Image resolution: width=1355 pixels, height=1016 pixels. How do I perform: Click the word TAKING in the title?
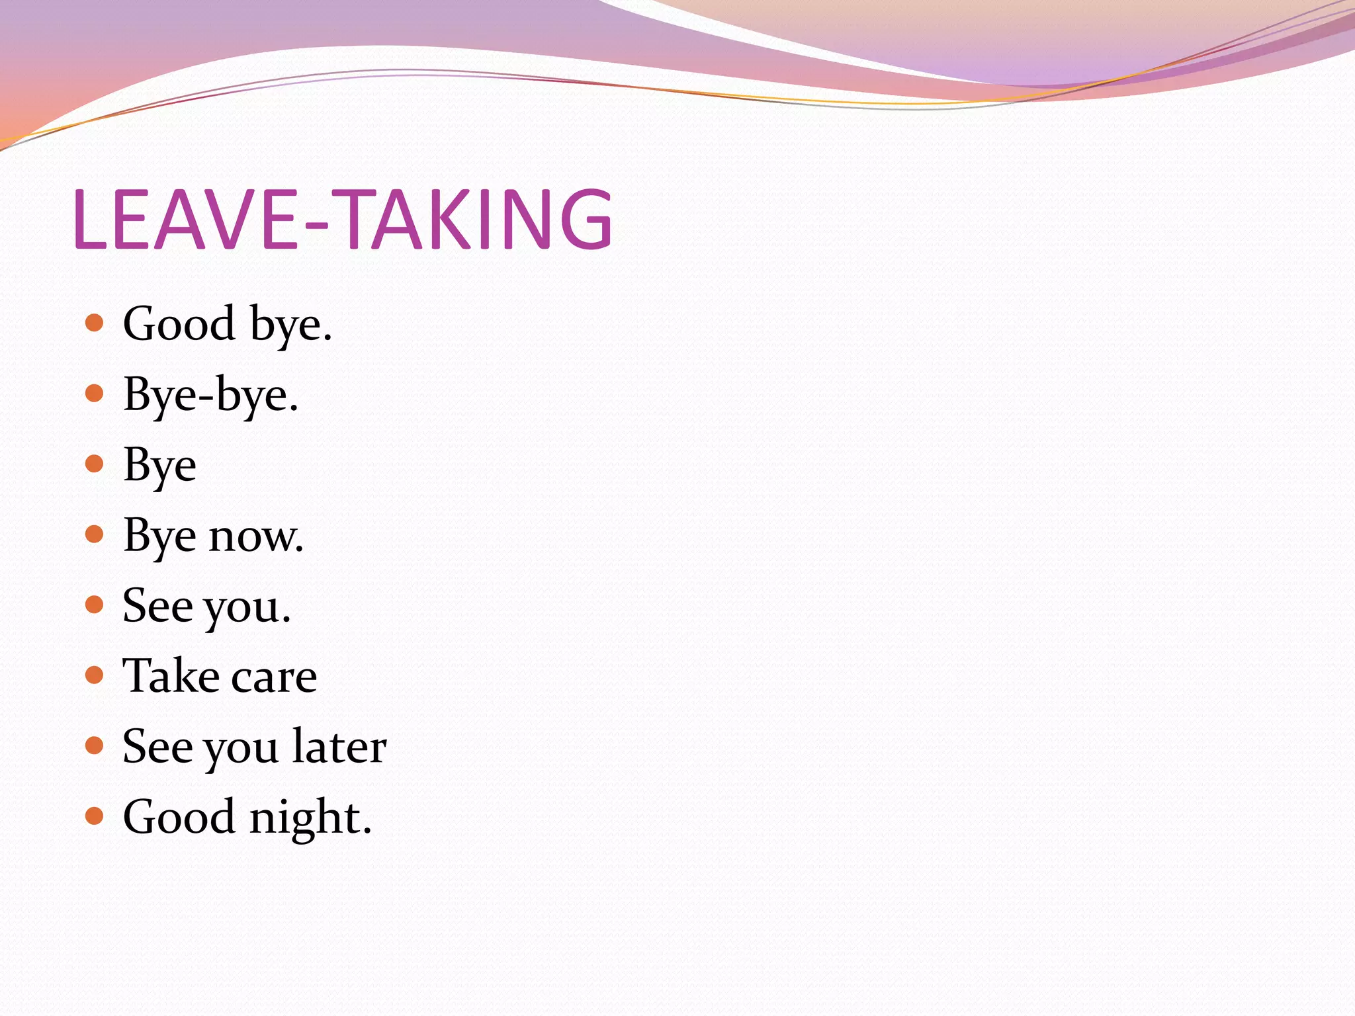pyautogui.click(x=476, y=219)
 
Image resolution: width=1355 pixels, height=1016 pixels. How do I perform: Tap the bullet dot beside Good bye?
pyautogui.click(x=95, y=323)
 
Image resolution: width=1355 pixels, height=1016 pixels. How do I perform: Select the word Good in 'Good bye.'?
pyautogui.click(x=179, y=324)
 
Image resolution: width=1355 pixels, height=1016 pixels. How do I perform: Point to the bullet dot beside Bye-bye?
pyautogui.click(x=95, y=394)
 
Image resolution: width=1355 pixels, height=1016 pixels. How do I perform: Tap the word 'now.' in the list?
pyautogui.click(x=256, y=536)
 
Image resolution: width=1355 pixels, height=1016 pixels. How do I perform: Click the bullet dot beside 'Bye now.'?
pyautogui.click(x=95, y=534)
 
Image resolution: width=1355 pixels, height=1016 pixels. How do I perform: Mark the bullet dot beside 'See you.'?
pyautogui.click(x=95, y=605)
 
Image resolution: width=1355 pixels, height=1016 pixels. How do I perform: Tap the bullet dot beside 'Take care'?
pyautogui.click(x=95, y=675)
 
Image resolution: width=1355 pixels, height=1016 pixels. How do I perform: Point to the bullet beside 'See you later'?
pyautogui.click(x=95, y=745)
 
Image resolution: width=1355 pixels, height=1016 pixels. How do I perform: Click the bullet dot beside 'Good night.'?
pyautogui.click(x=95, y=816)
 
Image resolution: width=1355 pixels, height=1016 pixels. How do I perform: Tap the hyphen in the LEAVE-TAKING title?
pyautogui.click(x=316, y=225)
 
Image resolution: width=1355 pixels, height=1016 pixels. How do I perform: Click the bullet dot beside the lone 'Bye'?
pyautogui.click(x=95, y=463)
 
